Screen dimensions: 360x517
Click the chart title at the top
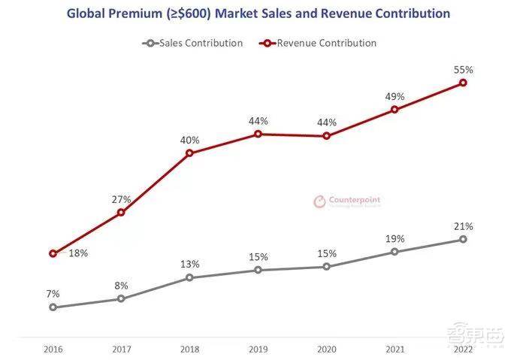258,14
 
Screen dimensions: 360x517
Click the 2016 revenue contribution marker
53,253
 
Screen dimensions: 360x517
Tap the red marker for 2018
189,153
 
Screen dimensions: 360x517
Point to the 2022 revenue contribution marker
463,82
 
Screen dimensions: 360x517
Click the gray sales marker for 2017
121,298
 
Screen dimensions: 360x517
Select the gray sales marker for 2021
395,251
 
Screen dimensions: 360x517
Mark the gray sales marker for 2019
258,269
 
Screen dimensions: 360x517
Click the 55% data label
463,69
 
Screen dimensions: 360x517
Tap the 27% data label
122,199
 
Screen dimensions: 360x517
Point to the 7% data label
53,293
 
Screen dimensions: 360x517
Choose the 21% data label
463,225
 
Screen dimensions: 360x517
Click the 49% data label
395,96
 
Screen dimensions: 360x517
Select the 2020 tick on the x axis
326,349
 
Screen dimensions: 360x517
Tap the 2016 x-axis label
53,349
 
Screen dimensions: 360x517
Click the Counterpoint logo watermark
346,201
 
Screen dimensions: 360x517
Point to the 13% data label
189,264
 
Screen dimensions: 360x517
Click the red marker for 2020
326,135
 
